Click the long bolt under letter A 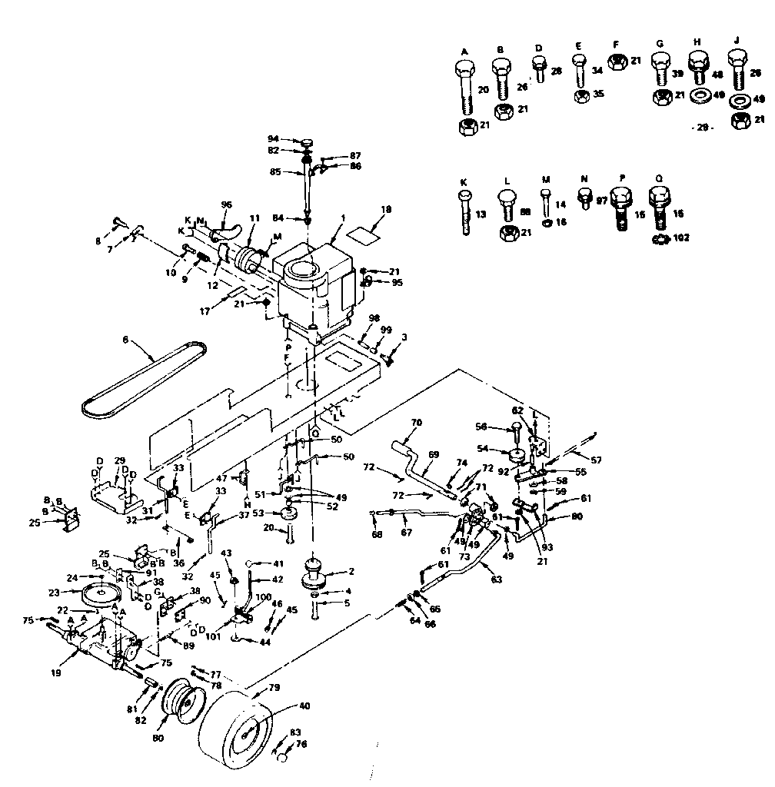[x=464, y=90]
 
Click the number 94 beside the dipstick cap [x=272, y=139]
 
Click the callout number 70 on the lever [x=417, y=422]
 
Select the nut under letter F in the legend [x=617, y=61]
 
